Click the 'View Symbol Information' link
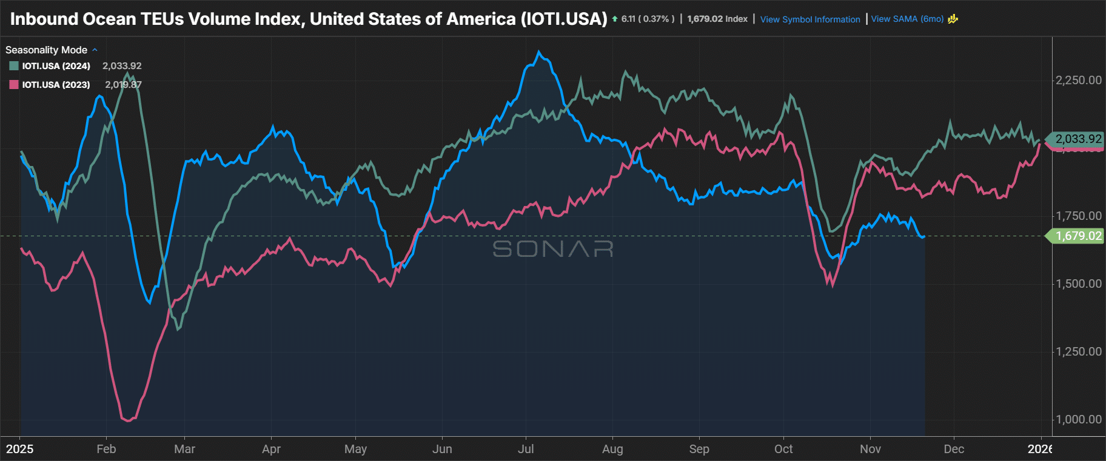click(x=810, y=19)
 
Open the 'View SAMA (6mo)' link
click(x=907, y=19)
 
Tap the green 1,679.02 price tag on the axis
click(x=1078, y=236)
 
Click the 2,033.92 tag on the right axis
click(x=1078, y=139)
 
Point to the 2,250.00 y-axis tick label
click(x=1078, y=80)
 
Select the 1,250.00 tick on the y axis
click(x=1078, y=351)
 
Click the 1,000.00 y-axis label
click(x=1078, y=419)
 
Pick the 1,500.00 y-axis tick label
click(x=1078, y=284)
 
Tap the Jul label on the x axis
click(x=526, y=449)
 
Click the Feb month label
click(x=106, y=449)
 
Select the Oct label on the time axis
click(x=783, y=449)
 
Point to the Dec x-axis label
click(x=954, y=449)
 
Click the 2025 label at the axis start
click(x=20, y=449)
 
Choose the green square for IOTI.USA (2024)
click(x=14, y=66)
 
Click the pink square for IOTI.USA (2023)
click(x=14, y=85)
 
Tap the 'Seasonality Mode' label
click(x=46, y=50)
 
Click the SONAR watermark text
click(x=552, y=249)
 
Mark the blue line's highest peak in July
click(x=539, y=52)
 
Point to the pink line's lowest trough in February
click(x=128, y=420)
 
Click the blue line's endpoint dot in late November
click(x=923, y=236)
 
